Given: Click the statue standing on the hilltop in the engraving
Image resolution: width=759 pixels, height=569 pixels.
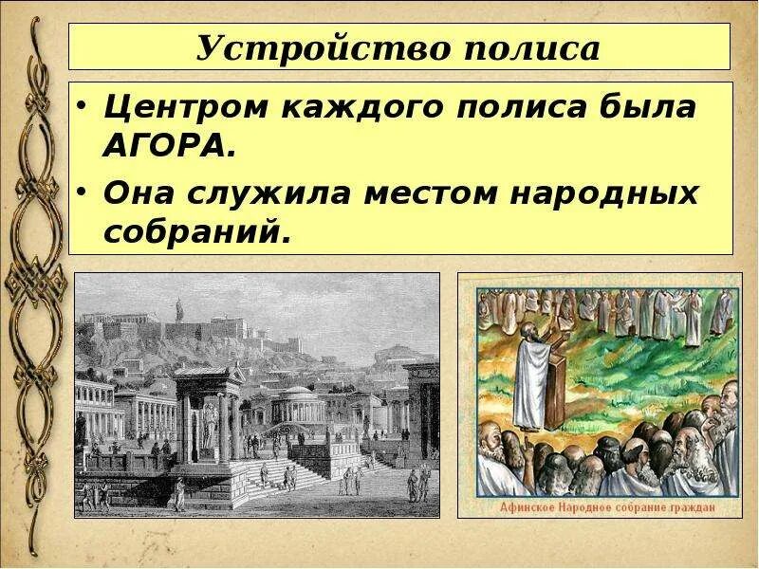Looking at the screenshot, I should click(177, 308).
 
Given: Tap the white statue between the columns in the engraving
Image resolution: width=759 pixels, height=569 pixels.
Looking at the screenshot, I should click(209, 427).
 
